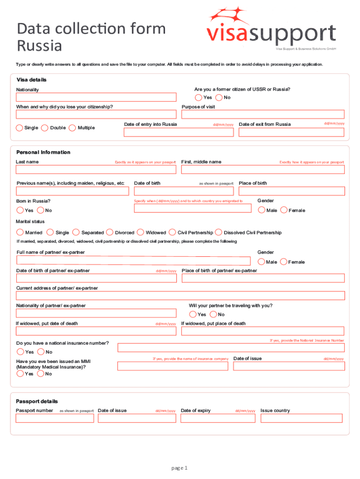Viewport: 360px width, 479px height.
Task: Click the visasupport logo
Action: [x=271, y=28]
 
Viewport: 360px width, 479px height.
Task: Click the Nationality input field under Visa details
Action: [x=96, y=97]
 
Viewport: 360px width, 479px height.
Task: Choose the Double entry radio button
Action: [x=45, y=128]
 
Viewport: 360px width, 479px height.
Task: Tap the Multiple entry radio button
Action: [x=72, y=128]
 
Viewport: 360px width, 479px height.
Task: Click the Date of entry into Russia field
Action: [x=178, y=132]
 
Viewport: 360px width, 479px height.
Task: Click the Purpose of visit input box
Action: [x=263, y=115]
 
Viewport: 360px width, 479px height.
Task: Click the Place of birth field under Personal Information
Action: [x=291, y=191]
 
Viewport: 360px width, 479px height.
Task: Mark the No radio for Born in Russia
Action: [x=40, y=210]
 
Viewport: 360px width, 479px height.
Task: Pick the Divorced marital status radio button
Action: [x=110, y=232]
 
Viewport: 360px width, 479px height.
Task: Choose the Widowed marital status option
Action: [x=141, y=232]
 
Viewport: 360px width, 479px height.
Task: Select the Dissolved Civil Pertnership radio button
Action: [x=219, y=232]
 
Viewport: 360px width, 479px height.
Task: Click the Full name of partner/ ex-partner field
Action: [x=133, y=261]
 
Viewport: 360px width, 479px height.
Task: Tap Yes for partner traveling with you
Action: [x=193, y=314]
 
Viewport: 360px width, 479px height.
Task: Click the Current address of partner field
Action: [x=180, y=296]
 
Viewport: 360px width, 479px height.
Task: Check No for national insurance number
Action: [x=40, y=352]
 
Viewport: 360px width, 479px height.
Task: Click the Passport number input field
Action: [x=55, y=419]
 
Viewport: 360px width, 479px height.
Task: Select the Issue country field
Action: [x=302, y=419]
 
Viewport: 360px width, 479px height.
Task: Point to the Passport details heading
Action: [x=37, y=401]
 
